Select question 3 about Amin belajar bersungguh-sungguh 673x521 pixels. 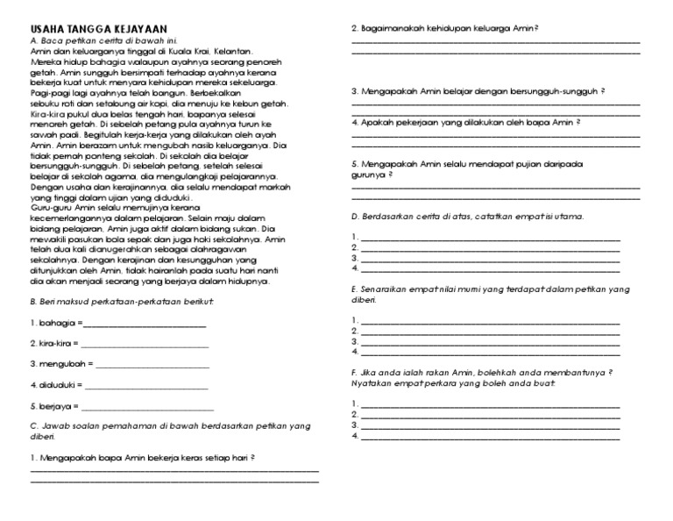pyautogui.click(x=478, y=91)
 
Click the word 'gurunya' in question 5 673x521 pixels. pyautogui.click(x=368, y=174)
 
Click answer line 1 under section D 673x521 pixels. pyautogui.click(x=490, y=237)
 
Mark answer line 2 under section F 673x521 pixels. pyautogui.click(x=490, y=413)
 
